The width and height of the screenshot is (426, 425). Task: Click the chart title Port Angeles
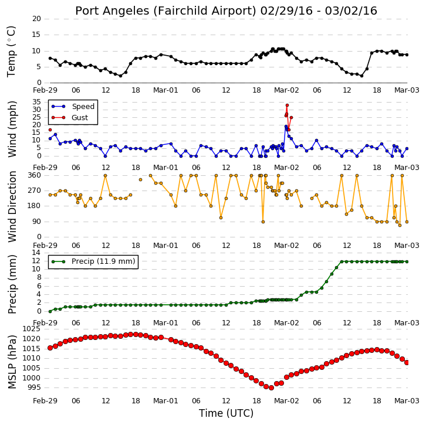coord(112,11)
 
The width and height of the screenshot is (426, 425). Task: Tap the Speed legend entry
coord(73,106)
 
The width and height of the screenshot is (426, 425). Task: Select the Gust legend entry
coord(70,117)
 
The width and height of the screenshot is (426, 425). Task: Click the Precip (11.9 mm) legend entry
coord(93,261)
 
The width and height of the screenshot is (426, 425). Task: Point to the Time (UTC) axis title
coord(226,413)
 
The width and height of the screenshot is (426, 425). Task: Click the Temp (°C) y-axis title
coord(11,52)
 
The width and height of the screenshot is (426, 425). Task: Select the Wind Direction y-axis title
coord(12,206)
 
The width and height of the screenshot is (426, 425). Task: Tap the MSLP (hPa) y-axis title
coord(12,362)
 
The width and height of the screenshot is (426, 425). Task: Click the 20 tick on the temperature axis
coord(36,19)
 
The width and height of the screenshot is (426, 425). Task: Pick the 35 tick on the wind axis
coord(36,102)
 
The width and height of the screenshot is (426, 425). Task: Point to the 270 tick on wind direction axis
coord(34,191)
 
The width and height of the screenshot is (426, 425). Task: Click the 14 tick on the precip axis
coord(36,253)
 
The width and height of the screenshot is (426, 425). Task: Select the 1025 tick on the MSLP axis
coord(32,329)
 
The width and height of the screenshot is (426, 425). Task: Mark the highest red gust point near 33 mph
coord(287,106)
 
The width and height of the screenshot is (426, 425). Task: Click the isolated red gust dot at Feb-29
coord(50,130)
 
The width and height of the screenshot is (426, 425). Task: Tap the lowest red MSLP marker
coord(271,388)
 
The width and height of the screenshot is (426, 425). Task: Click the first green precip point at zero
coord(50,311)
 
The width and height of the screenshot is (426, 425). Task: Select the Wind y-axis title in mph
coord(12,129)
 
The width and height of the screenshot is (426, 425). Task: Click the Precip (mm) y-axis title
coord(12,284)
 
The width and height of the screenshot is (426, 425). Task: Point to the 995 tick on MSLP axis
coord(34,387)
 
